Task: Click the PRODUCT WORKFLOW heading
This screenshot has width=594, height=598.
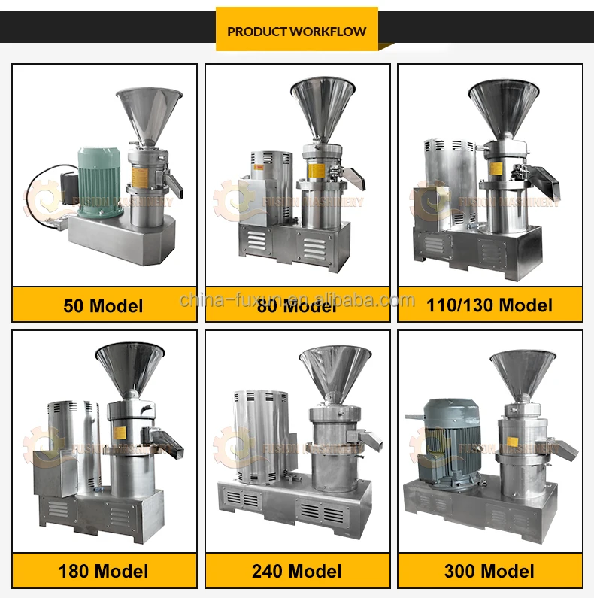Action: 297,31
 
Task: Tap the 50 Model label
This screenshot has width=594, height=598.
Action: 104,305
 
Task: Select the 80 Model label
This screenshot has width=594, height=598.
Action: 297,305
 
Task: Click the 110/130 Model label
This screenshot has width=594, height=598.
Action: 489,305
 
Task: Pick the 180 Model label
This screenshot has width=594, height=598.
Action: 104,571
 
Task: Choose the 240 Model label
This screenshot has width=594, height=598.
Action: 297,571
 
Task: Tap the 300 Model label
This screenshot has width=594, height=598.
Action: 489,571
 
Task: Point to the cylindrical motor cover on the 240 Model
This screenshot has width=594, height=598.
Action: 259,436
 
